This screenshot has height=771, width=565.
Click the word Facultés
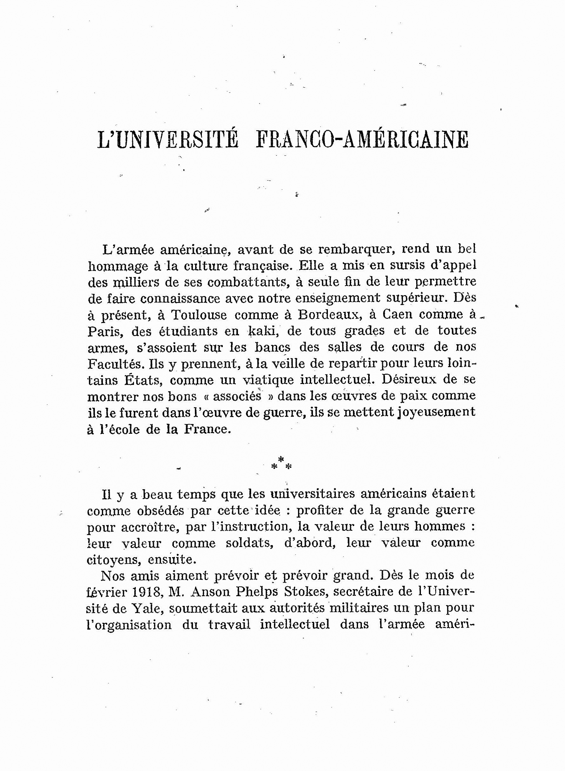(x=114, y=364)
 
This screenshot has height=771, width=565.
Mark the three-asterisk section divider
(x=281, y=464)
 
